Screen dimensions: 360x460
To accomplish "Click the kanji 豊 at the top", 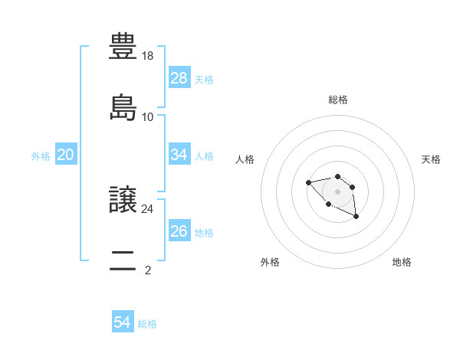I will pos(123,47).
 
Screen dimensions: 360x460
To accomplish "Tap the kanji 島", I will pos(123,107).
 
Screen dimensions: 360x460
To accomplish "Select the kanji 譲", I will pos(123,200).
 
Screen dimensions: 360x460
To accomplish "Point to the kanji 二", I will pos(123,260).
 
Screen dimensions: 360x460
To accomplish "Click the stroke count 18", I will pos(149,56).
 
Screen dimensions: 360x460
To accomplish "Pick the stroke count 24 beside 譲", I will pos(149,208).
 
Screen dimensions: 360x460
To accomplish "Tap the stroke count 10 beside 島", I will pos(149,116).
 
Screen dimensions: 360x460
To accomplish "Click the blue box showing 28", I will pos(179,78).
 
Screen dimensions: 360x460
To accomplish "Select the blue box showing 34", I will pos(179,155).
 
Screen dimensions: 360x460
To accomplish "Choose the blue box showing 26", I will pos(179,231).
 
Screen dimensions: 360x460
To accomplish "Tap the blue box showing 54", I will pos(123,322).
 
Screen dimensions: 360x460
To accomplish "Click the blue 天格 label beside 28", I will pos(204,80).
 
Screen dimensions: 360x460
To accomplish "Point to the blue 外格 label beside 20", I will pos(41,156).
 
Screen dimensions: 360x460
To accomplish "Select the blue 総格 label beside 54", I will pos(147,324).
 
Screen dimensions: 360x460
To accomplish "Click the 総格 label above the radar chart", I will pos(337,100).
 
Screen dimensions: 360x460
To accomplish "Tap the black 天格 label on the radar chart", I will pos(431,159).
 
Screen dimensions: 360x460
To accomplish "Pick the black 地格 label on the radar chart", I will pos(402,262).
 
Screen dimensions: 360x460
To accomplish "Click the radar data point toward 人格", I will pos(308,182).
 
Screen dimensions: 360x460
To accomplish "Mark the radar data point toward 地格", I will pos(356,217).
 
